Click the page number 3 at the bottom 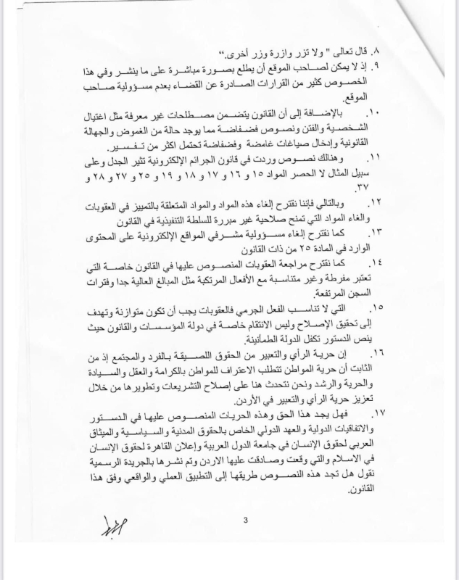tap(246, 518)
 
